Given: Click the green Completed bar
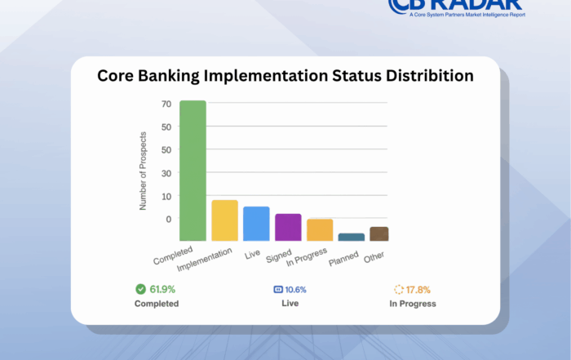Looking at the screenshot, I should (193, 171).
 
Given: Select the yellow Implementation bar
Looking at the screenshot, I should (224, 220).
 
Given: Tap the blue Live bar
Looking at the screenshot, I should (256, 224).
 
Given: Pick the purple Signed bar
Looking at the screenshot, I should (288, 227).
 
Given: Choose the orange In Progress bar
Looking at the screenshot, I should (320, 229).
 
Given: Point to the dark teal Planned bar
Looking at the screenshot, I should (352, 237).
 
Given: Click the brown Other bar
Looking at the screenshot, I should (379, 233).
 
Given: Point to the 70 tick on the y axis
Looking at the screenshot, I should (166, 104).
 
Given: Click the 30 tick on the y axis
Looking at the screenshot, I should (166, 173).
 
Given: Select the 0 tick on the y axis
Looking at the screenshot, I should (168, 219).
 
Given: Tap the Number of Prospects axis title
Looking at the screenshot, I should (143, 170).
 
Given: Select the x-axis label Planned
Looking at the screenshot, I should (343, 260).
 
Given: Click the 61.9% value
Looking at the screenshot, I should (162, 289).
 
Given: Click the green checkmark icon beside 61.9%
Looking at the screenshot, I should (140, 289).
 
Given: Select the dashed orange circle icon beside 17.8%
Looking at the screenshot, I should (399, 289).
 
